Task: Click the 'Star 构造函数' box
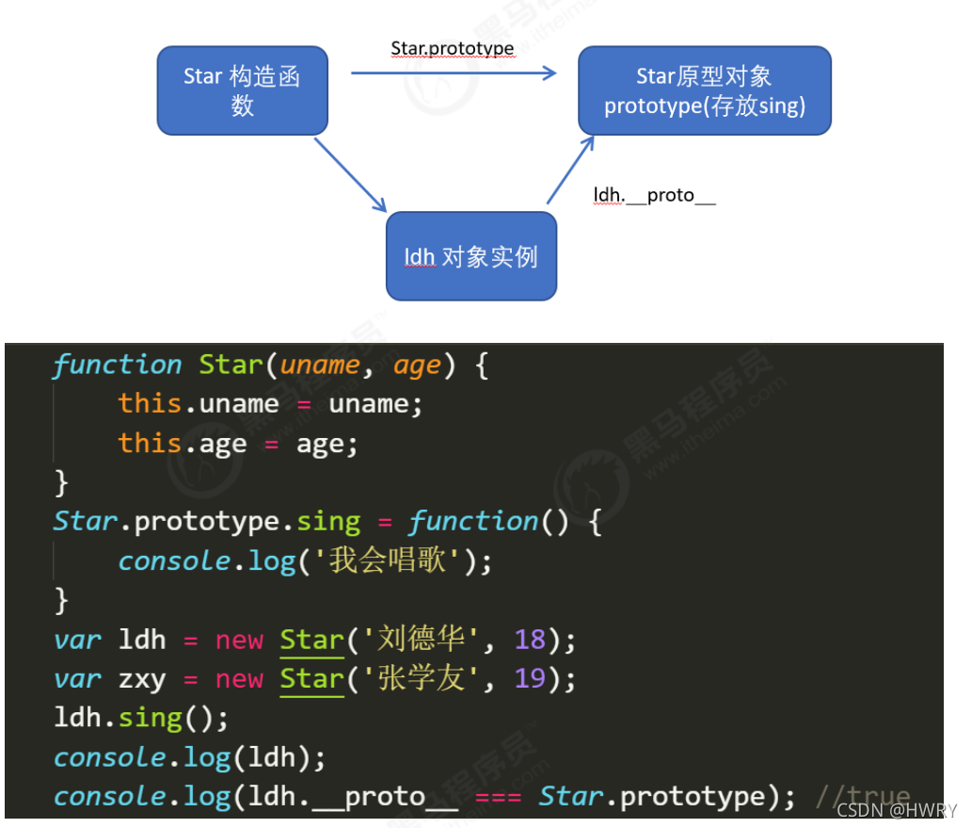click(x=242, y=90)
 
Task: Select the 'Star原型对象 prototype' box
click(x=704, y=90)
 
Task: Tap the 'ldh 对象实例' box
click(x=471, y=256)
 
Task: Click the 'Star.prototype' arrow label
click(x=453, y=48)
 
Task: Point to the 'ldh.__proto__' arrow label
click(x=654, y=196)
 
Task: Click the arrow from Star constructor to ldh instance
click(x=350, y=175)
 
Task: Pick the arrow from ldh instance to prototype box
click(x=571, y=170)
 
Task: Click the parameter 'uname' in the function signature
click(x=320, y=365)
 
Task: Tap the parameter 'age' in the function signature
click(x=417, y=365)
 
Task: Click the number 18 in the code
click(x=530, y=640)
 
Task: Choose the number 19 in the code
click(x=530, y=678)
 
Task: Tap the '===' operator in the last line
click(x=498, y=797)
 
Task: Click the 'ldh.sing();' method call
click(x=141, y=718)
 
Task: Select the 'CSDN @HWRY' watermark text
click(x=896, y=810)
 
